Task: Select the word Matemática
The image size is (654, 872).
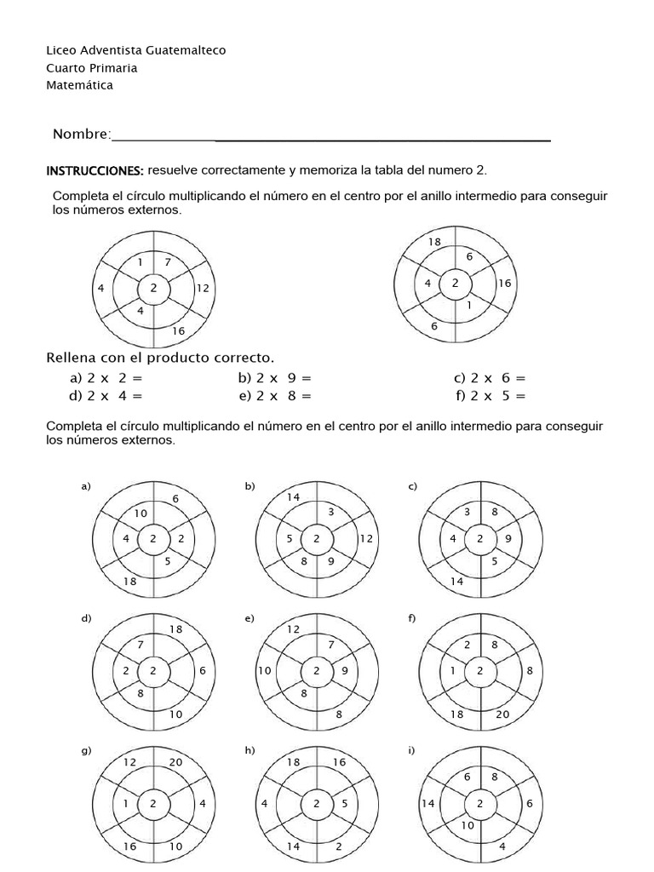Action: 79,85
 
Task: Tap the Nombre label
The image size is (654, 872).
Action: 82,135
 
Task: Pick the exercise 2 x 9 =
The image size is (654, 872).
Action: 275,378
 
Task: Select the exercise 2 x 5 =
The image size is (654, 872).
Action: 490,395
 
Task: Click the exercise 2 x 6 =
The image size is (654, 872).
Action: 490,378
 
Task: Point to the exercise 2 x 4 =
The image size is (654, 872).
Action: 106,395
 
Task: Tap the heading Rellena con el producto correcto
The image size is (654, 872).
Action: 160,357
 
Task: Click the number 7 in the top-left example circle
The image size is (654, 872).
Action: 168,262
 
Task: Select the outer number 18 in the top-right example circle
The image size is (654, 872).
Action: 434,243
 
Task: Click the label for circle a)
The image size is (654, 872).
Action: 85,487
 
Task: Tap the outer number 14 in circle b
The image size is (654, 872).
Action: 293,497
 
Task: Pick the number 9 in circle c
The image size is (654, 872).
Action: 508,538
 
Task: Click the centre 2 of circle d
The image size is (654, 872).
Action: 154,670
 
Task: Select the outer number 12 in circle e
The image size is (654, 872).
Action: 293,629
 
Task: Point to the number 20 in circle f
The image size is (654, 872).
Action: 502,714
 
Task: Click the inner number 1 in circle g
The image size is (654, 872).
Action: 125,803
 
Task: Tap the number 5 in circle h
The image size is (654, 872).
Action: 344,803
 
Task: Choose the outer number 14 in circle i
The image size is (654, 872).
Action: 428,803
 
